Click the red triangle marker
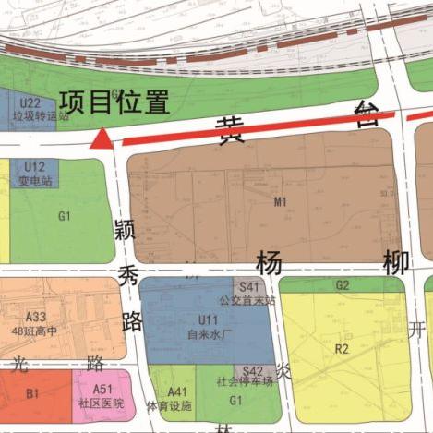click(102, 139)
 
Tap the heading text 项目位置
click(115, 101)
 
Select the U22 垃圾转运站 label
click(30, 110)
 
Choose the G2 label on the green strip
click(343, 284)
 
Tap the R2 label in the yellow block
click(343, 349)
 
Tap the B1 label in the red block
click(33, 394)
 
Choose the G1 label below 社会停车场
click(235, 401)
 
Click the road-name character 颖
click(126, 232)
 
